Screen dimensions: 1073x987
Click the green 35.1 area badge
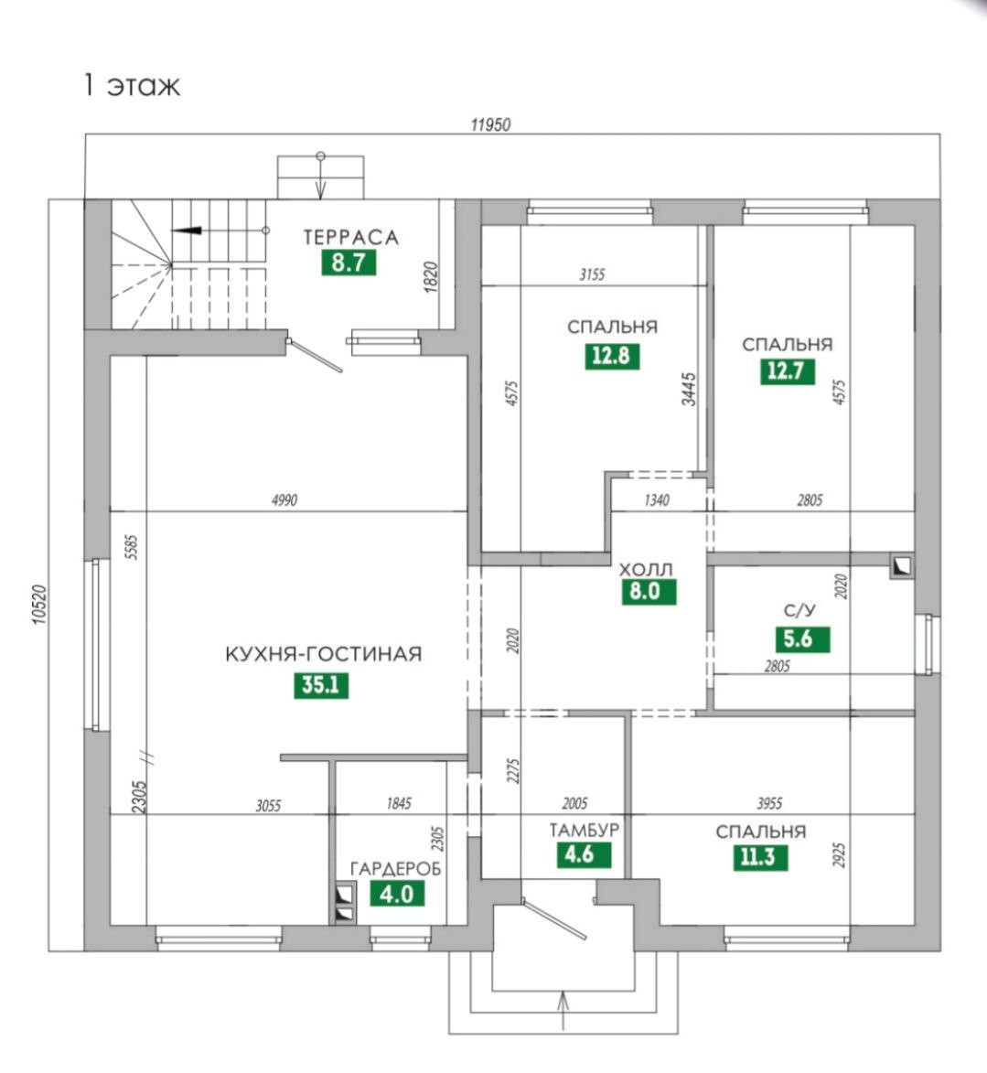[x=321, y=684]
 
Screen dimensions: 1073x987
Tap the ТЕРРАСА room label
[x=351, y=238]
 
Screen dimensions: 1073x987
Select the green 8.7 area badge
[x=349, y=263]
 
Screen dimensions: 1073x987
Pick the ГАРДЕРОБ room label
[x=395, y=869]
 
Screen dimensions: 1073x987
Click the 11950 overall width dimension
[x=490, y=125]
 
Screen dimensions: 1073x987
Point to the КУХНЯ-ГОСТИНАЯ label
[x=324, y=655]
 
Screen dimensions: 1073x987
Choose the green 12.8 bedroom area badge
[x=611, y=355]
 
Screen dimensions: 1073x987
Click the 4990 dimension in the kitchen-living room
[x=285, y=500]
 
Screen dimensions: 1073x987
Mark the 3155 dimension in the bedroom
[x=592, y=274]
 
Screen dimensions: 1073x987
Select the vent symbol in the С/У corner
[x=902, y=567]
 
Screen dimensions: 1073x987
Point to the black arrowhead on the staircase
[x=187, y=231]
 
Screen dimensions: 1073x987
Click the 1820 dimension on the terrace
[x=432, y=277]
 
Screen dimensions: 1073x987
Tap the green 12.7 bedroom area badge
[x=787, y=370]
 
